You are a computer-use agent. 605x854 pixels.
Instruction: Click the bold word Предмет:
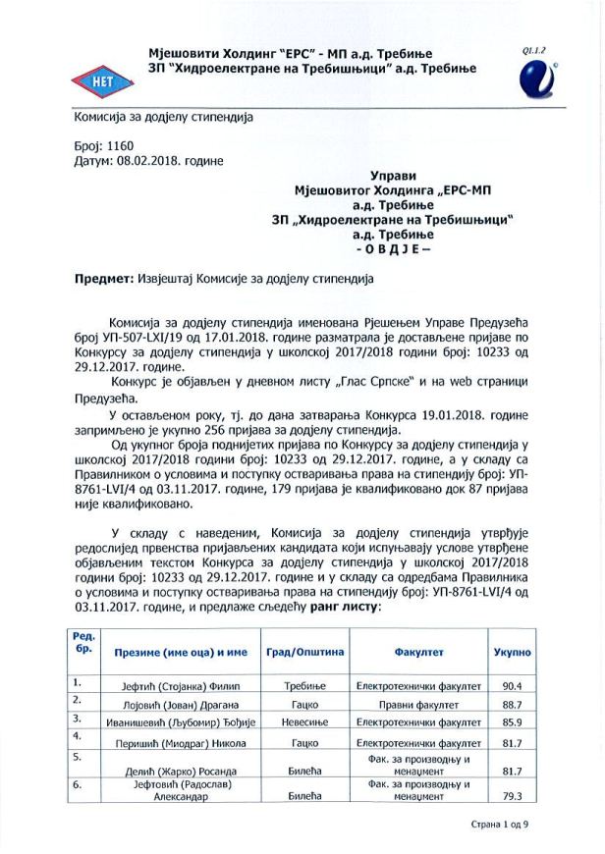pyautogui.click(x=102, y=279)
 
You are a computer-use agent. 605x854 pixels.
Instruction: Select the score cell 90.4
pyautogui.click(x=511, y=685)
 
